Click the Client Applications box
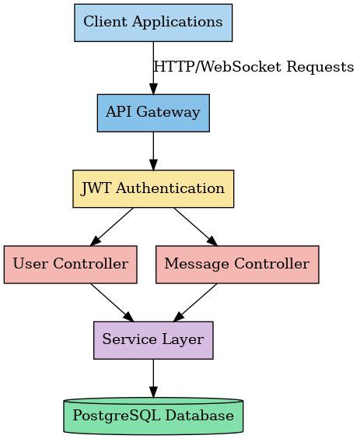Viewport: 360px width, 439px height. pyautogui.click(x=152, y=22)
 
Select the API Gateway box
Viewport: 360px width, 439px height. pyautogui.click(x=152, y=113)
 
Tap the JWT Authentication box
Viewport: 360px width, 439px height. pyautogui.click(x=152, y=188)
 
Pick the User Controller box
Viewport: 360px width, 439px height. pyautogui.click(x=70, y=264)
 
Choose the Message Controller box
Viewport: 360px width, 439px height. pyautogui.click(x=236, y=264)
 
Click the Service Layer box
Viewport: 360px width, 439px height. pyautogui.click(x=152, y=339)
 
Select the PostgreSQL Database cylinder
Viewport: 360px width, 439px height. pyautogui.click(x=152, y=416)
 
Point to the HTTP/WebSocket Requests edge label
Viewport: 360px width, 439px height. pyautogui.click(x=253, y=67)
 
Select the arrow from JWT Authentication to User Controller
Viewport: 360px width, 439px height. pyautogui.click(x=113, y=227)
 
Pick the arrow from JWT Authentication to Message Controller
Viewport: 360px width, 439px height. pyautogui.click(x=194, y=227)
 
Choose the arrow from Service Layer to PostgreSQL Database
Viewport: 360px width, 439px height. pyautogui.click(x=153, y=378)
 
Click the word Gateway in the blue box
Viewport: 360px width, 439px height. pyautogui.click(x=169, y=113)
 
